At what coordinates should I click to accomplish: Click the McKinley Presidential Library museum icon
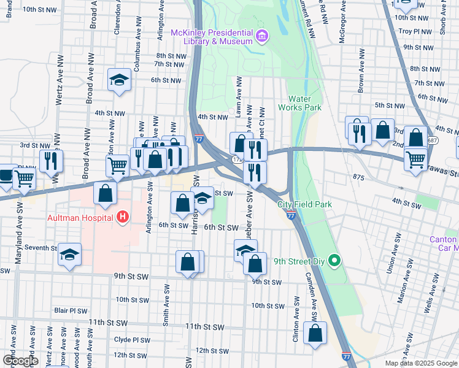262,36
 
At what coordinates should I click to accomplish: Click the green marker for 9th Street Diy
334,261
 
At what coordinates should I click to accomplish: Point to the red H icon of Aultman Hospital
123,217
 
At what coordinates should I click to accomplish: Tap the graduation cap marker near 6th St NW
118,80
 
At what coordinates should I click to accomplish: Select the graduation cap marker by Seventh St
70,255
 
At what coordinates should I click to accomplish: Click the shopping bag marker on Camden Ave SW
315,334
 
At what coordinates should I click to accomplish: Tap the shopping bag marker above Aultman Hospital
106,193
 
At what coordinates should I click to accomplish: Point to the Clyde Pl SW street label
132,340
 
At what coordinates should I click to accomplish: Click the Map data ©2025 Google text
420,363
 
